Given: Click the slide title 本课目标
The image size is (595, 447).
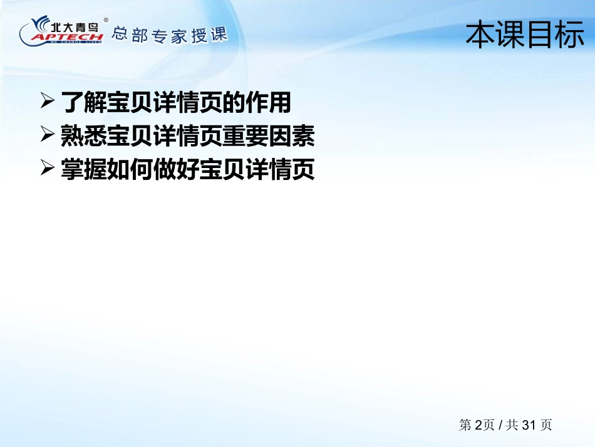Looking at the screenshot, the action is pos(525,34).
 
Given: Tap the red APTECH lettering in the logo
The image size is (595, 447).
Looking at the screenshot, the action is pos(67,37).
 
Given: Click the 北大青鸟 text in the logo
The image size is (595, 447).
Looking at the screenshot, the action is pos(75,27).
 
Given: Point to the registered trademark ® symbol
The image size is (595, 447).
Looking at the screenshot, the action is pos(106,20).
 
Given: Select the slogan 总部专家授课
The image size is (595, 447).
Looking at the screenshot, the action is pos(170,35).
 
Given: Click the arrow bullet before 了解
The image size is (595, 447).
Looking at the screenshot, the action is pos(48,101).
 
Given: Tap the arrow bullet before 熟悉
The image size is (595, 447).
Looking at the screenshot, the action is pos(48,134).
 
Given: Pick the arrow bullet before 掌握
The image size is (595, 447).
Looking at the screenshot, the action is pos(48,168).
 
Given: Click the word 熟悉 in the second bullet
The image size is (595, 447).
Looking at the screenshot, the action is pos(84,135).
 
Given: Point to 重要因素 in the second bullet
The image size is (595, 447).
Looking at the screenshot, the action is pos(269,135).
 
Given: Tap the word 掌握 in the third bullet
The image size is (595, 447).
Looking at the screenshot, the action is pos(84,169).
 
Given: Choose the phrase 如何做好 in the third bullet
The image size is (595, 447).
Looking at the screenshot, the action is pos(153,169).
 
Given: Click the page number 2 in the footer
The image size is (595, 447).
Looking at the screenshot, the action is pos(478,425).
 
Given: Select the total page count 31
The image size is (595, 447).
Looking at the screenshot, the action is pos(529,425).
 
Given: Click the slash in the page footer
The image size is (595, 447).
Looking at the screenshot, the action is pos(501,425).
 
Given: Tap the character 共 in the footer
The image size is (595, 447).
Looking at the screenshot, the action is pos(512,424).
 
